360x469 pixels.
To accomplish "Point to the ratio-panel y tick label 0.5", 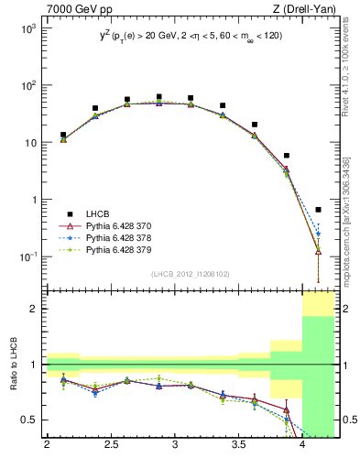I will [x=30, y=420].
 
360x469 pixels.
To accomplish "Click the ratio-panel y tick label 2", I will [x=35, y=309].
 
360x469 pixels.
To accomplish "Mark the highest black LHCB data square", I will [x=158, y=96].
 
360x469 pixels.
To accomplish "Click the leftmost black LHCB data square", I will [x=63, y=135].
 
